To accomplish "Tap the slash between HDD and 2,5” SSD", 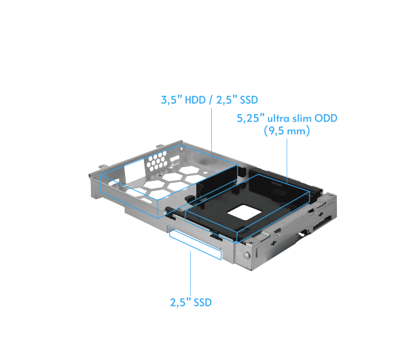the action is pos(211,100).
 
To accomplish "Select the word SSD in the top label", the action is pos(249,100).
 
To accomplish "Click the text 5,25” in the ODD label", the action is pos(251,118).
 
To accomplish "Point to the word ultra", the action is pos(278,118).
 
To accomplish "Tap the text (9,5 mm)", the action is pos(287,131).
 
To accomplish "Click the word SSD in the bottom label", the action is pos(202,302).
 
